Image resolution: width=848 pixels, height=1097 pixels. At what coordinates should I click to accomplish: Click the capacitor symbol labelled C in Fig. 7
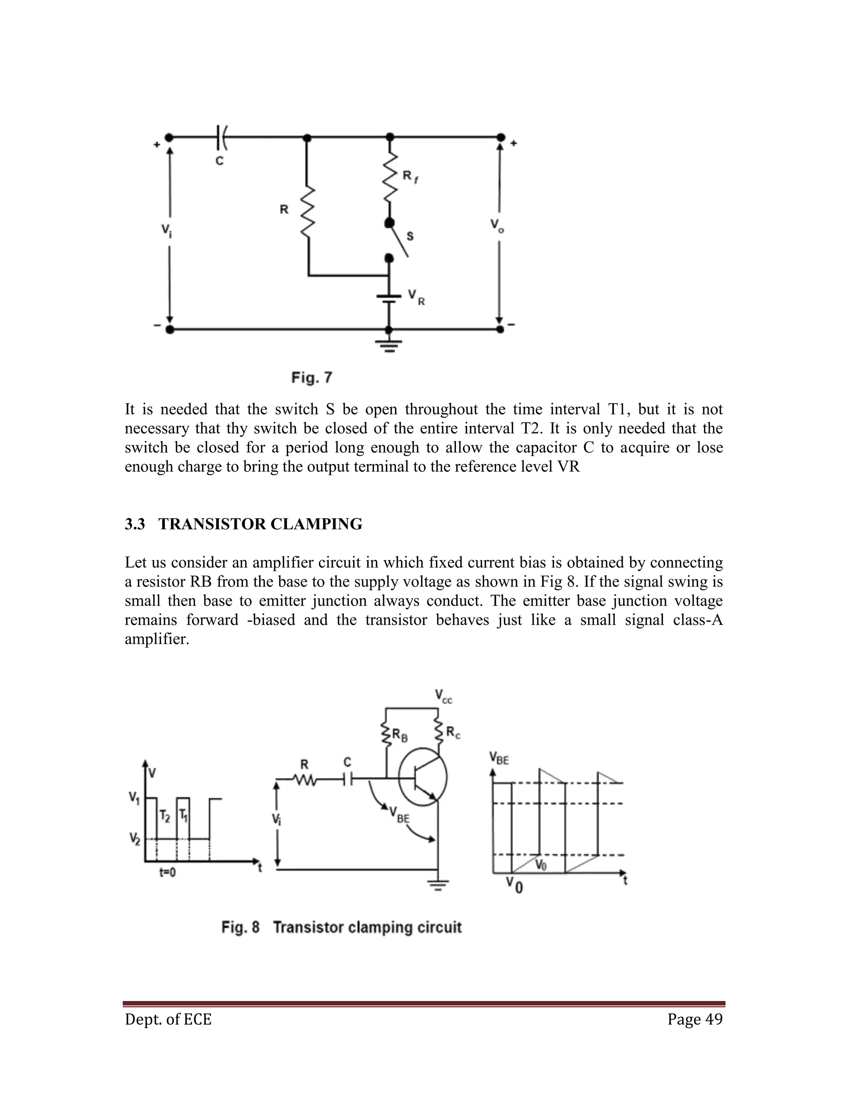coord(221,137)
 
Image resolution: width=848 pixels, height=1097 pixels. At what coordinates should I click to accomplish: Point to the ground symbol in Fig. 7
coord(389,346)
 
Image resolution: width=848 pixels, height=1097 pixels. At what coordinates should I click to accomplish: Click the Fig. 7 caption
coord(311,378)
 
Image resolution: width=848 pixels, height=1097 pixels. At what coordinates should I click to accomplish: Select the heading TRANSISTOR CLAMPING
coord(260,524)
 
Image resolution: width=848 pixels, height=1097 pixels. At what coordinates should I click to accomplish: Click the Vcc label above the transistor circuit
coord(443,696)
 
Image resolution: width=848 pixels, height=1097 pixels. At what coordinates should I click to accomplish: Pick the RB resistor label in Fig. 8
coord(400,736)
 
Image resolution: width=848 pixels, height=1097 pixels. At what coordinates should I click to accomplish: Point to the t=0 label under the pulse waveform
coord(167,873)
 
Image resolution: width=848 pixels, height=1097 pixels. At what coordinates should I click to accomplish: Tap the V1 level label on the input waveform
coord(134,797)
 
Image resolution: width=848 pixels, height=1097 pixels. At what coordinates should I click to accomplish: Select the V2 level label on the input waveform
coord(134,838)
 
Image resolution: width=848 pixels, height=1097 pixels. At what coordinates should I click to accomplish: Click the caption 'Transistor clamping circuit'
coord(367,927)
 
